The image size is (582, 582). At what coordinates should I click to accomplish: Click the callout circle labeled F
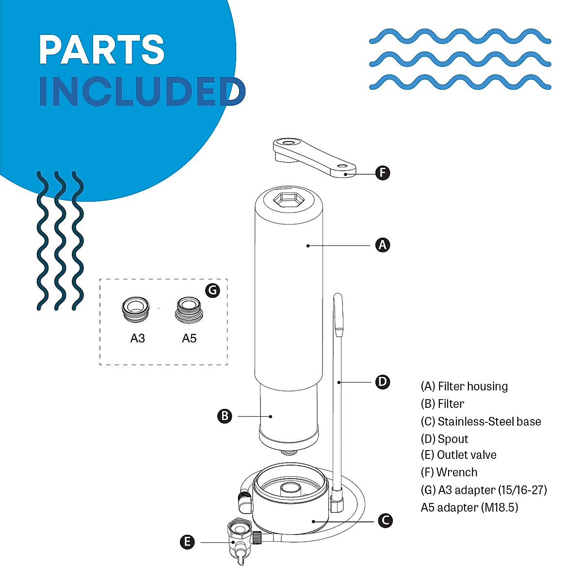[x=383, y=173]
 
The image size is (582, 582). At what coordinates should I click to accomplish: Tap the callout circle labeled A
[x=383, y=245]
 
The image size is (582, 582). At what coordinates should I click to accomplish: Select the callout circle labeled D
[x=383, y=382]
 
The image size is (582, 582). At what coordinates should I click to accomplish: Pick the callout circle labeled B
[x=225, y=416]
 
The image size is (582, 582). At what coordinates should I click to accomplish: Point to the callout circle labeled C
[x=385, y=520]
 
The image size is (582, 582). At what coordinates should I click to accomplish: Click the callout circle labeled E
[x=187, y=542]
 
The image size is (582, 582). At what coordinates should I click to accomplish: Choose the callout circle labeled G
[x=212, y=290]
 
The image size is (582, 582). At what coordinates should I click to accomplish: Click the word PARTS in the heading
[x=102, y=49]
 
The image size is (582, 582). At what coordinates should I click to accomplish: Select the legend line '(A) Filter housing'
[x=464, y=387]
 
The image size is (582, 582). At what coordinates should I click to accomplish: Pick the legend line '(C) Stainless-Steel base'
[x=481, y=421]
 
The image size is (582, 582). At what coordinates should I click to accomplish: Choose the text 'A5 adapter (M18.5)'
[x=469, y=507]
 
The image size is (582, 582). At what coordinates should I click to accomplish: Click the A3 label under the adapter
[x=137, y=338]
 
